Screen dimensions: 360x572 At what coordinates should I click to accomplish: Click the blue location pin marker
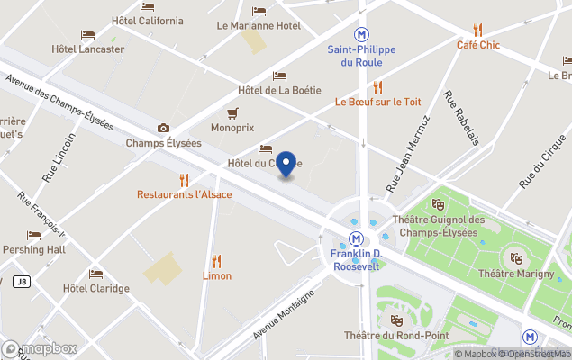pyautogui.click(x=286, y=164)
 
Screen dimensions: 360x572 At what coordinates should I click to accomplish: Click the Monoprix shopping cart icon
pyautogui.click(x=232, y=112)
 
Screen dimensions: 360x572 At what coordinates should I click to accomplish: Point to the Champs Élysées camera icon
pyautogui.click(x=163, y=128)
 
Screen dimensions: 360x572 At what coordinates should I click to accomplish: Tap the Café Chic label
pyautogui.click(x=477, y=44)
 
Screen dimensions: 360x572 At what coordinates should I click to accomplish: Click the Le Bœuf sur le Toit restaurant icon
pyautogui.click(x=378, y=87)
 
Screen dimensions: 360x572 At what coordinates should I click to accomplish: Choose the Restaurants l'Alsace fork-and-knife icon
pyautogui.click(x=184, y=179)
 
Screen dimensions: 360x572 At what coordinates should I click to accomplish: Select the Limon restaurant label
pyautogui.click(x=216, y=275)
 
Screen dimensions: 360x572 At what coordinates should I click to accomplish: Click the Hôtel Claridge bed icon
pyautogui.click(x=95, y=274)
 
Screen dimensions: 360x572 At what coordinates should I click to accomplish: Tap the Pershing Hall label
pyautogui.click(x=33, y=249)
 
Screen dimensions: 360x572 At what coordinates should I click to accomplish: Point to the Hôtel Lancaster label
pyautogui.click(x=88, y=49)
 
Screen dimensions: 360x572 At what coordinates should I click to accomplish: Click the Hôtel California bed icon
pyautogui.click(x=147, y=6)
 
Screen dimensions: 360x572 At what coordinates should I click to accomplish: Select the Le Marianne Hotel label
pyautogui.click(x=259, y=26)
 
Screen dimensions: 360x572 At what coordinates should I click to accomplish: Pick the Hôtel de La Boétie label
pyautogui.click(x=280, y=90)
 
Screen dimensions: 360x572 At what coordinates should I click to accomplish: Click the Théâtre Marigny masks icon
pyautogui.click(x=516, y=257)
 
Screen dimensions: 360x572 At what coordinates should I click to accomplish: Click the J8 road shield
pyautogui.click(x=22, y=282)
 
